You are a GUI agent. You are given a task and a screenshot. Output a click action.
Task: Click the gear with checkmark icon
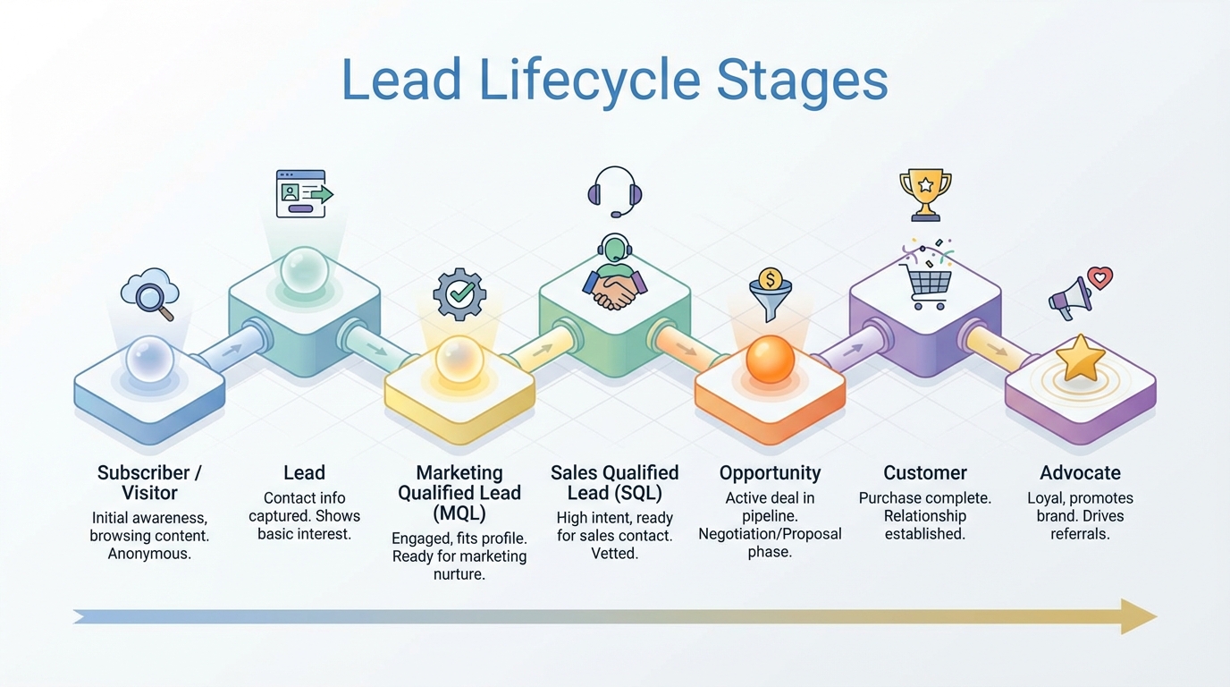459,294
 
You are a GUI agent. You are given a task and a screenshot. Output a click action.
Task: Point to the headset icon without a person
615,191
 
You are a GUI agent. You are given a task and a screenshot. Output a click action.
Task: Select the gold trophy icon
925,193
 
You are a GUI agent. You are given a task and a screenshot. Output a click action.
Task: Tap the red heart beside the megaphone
1099,278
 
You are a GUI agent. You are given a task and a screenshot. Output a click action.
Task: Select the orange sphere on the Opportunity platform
770,359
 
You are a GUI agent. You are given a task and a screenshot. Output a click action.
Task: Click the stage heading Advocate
1080,473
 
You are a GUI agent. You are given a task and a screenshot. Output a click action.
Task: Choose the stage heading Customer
925,473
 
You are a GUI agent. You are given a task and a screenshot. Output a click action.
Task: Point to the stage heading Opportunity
770,473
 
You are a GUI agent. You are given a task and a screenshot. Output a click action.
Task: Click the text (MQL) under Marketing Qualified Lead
459,513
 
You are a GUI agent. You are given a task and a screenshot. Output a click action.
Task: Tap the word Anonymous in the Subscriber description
149,554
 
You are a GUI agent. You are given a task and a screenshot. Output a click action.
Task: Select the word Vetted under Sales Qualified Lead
614,554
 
